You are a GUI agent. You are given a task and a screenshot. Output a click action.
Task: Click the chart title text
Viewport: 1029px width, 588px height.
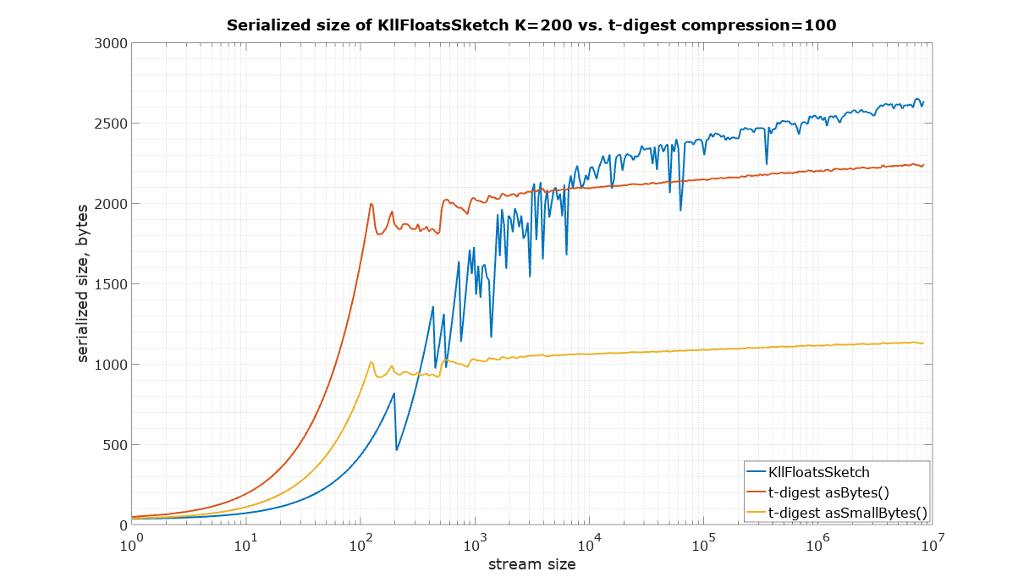531,25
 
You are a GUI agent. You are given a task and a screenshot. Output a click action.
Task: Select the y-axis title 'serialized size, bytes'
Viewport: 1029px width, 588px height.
83,283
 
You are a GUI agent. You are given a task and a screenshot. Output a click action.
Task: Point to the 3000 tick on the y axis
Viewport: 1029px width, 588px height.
110,43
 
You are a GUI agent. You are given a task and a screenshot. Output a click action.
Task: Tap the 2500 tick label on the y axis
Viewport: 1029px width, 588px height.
110,124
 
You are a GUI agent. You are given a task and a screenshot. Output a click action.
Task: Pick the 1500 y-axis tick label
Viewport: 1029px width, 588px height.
110,284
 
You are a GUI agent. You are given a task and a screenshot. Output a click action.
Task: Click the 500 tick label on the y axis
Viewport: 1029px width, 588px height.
113,445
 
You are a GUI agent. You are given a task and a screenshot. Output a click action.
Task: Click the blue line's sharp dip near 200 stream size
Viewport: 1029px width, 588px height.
397,449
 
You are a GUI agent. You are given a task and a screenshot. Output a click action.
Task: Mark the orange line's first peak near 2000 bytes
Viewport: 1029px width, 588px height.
371,204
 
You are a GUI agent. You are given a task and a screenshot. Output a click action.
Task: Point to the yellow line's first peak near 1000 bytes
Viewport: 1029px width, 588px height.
371,362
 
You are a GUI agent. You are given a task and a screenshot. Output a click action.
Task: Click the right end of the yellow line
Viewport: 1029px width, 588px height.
922,343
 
